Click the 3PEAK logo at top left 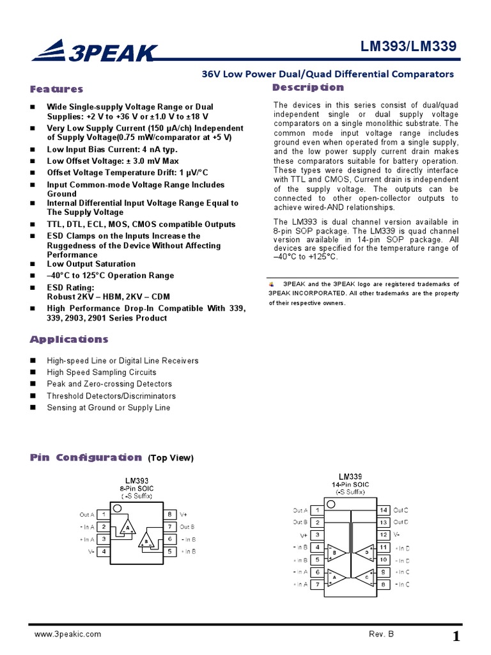pyautogui.click(x=93, y=51)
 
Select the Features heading pyautogui.click(x=56, y=89)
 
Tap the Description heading pyautogui.click(x=308, y=87)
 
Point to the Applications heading pyautogui.click(x=69, y=339)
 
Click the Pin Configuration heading pyautogui.click(x=86, y=457)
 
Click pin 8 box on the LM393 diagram pyautogui.click(x=169, y=514)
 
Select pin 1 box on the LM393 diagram pyautogui.click(x=104, y=514)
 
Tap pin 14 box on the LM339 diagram pyautogui.click(x=383, y=510)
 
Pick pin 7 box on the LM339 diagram pyautogui.click(x=318, y=584)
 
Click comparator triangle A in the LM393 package pyautogui.click(x=129, y=528)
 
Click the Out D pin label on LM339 pyautogui.click(x=401, y=523)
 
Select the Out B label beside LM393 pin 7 pyautogui.click(x=187, y=527)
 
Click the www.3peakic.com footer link pyautogui.click(x=67, y=634)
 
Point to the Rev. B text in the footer pyautogui.click(x=381, y=634)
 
